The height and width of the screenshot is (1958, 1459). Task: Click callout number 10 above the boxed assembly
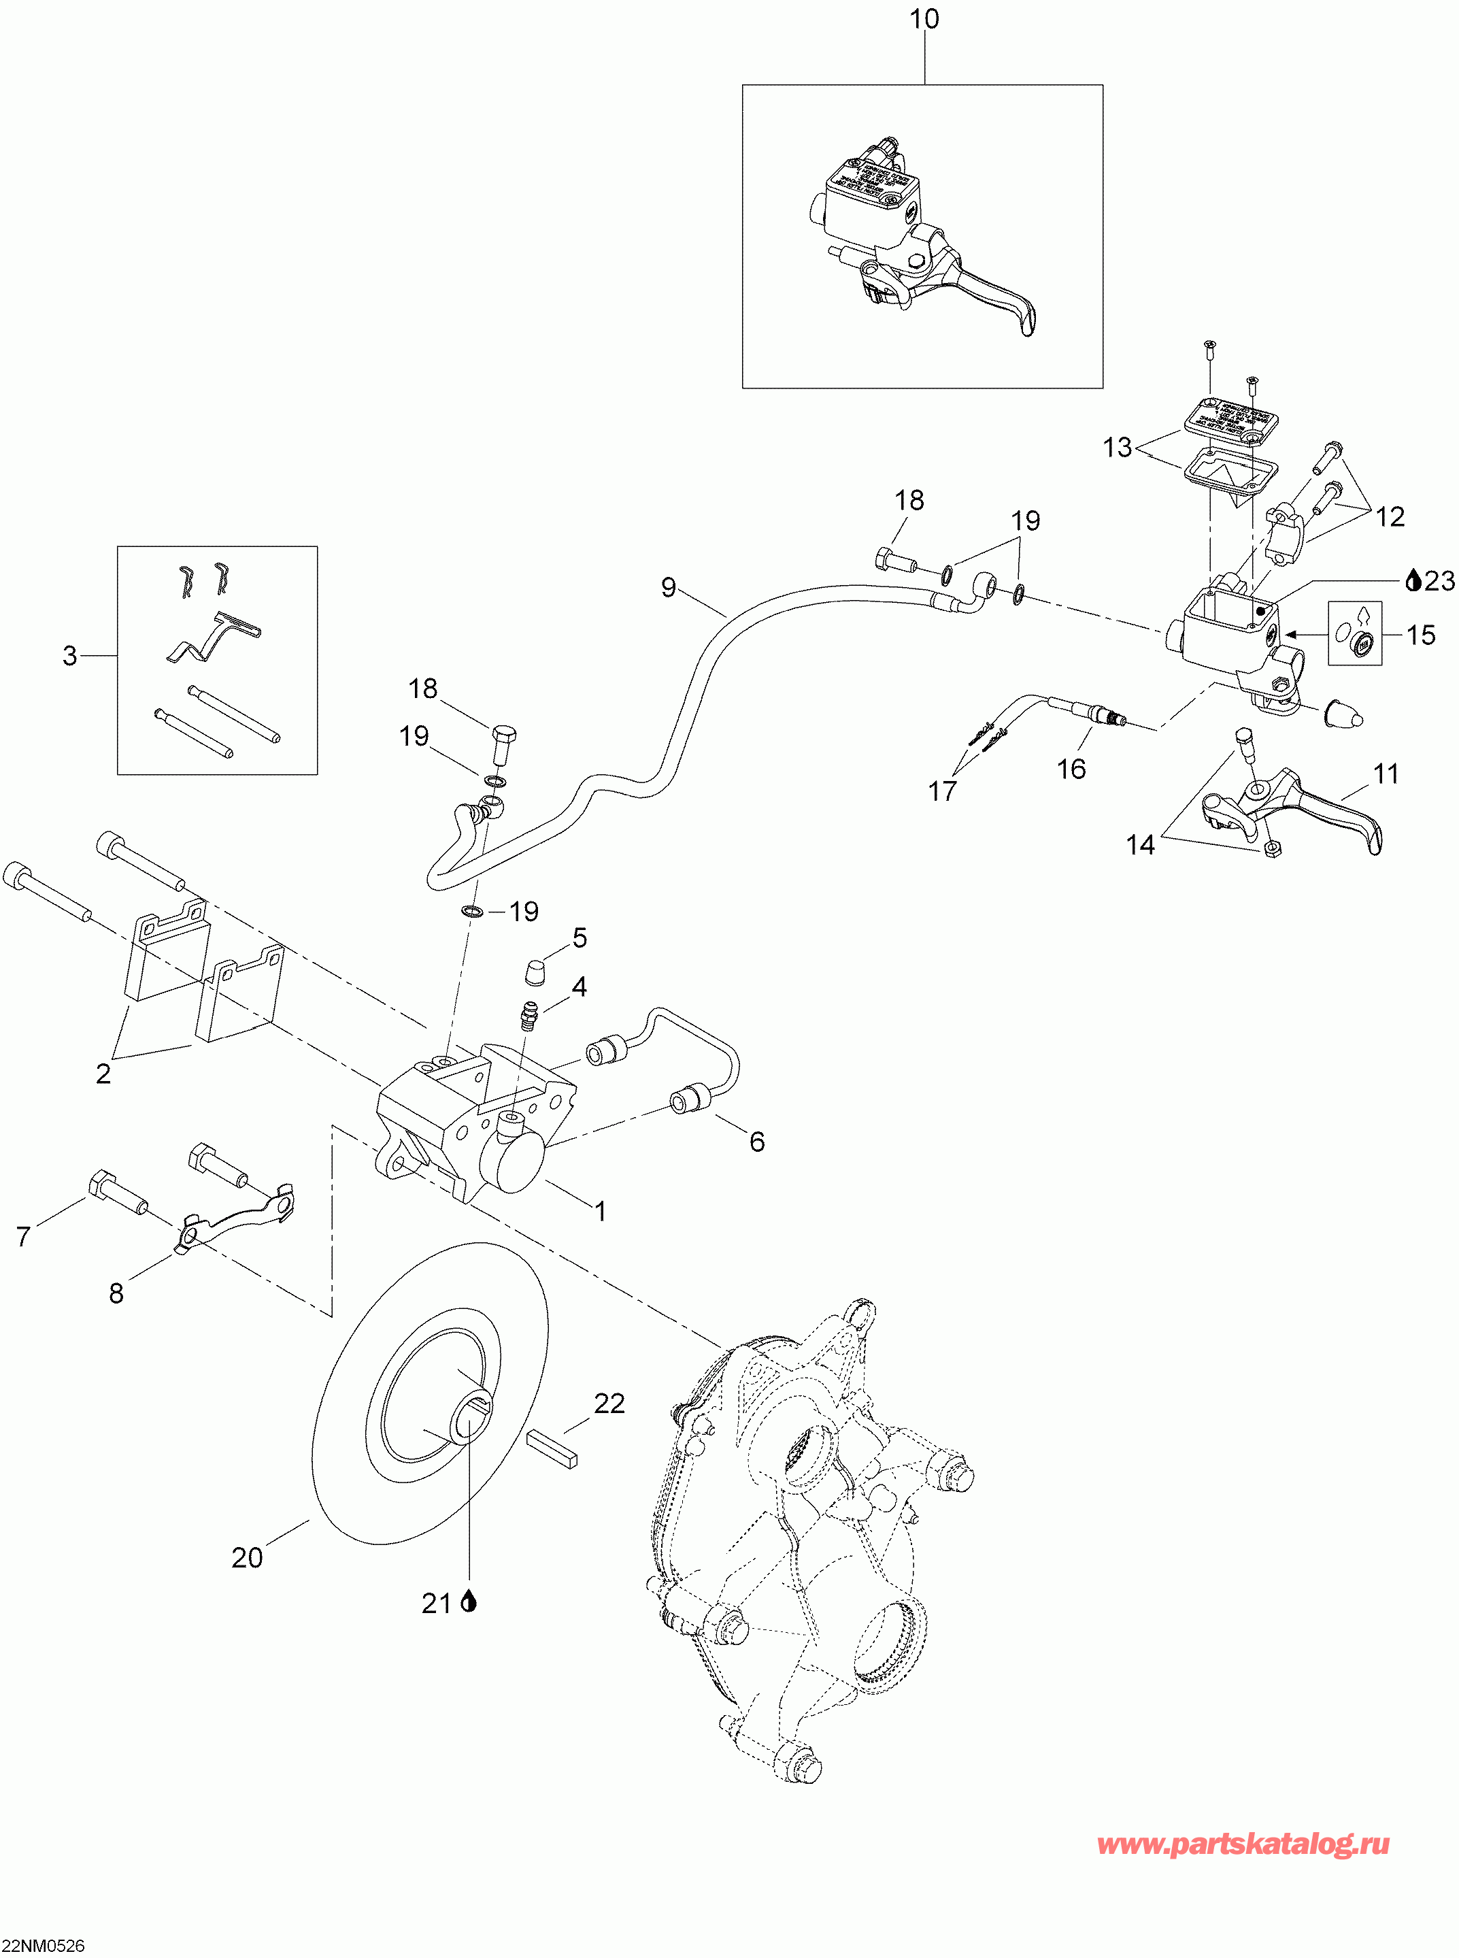coord(924,20)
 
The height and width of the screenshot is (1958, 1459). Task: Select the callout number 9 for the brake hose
coord(669,587)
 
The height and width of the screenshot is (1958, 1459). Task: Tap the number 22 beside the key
coord(609,1404)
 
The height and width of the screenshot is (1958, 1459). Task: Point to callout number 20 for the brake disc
coord(248,1558)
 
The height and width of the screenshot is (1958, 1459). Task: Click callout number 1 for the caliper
coord(601,1211)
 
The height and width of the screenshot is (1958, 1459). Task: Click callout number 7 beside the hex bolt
coord(24,1236)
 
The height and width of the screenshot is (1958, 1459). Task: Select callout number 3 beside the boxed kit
coord(70,655)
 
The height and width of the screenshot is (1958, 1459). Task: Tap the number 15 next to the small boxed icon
coord(1420,635)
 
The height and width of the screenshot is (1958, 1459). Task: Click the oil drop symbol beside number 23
coord(1412,580)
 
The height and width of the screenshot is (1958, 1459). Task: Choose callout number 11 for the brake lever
coord(1386,774)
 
